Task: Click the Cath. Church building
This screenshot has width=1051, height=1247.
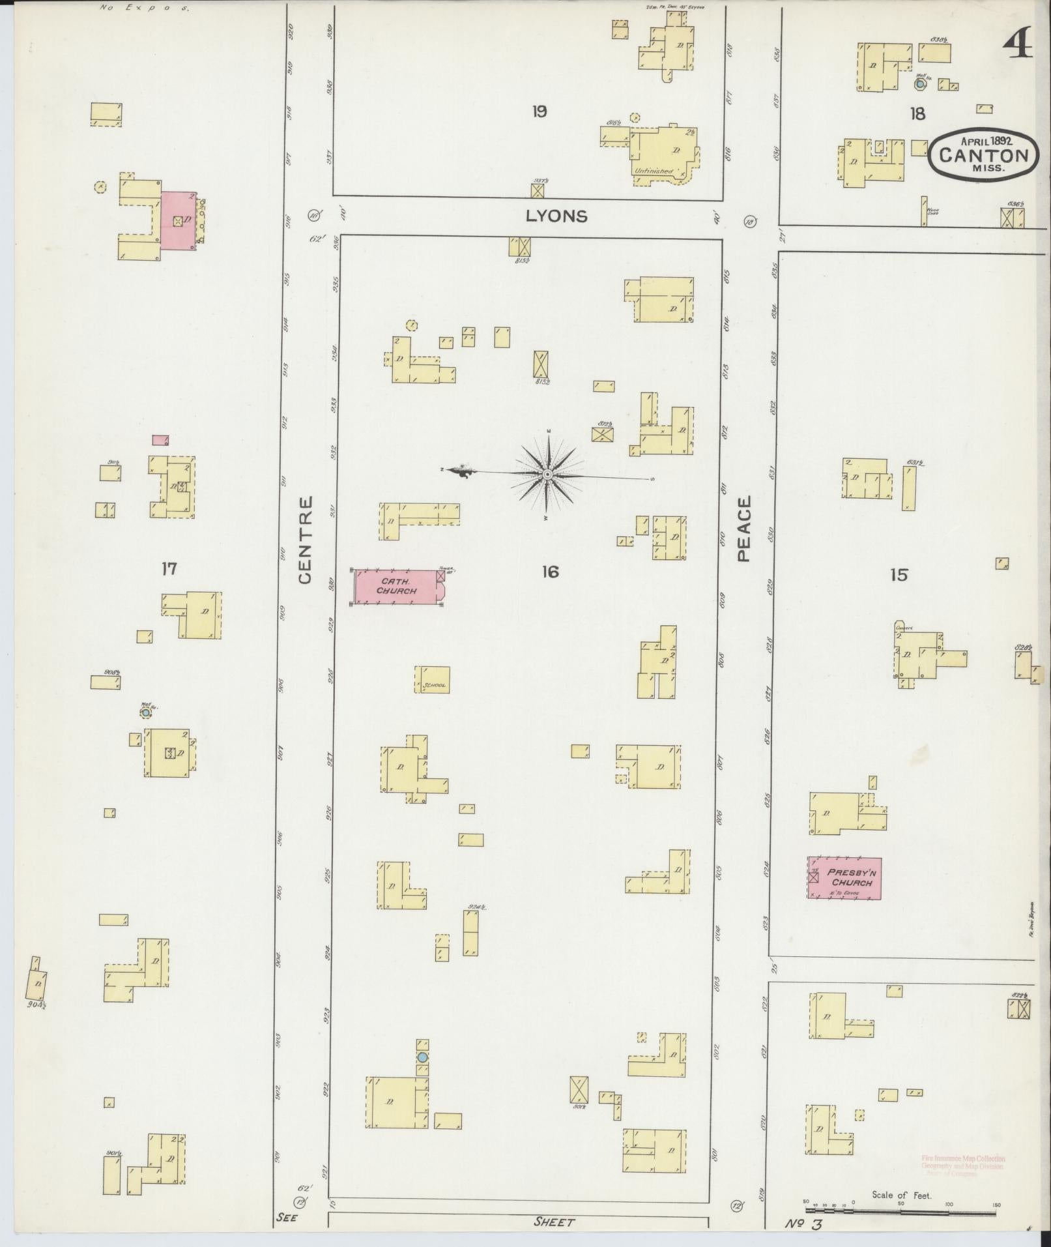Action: (397, 586)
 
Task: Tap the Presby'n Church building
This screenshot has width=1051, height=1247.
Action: (844, 878)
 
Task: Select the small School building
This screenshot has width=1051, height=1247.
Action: (433, 679)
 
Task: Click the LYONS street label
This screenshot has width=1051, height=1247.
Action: (556, 216)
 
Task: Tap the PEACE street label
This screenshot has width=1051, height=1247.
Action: (744, 528)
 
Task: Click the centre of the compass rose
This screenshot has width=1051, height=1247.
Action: (548, 475)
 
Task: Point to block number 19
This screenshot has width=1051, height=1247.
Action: (538, 112)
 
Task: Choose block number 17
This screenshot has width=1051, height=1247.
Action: (169, 569)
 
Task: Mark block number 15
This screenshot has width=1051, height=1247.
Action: (899, 575)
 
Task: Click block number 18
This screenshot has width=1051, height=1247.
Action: (917, 114)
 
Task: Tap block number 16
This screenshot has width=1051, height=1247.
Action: (550, 572)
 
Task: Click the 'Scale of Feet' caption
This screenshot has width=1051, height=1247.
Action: (901, 1195)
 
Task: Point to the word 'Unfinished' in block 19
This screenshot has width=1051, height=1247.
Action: (654, 171)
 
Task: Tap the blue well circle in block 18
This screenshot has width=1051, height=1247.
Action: (920, 84)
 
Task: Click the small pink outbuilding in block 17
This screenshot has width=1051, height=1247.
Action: (160, 440)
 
